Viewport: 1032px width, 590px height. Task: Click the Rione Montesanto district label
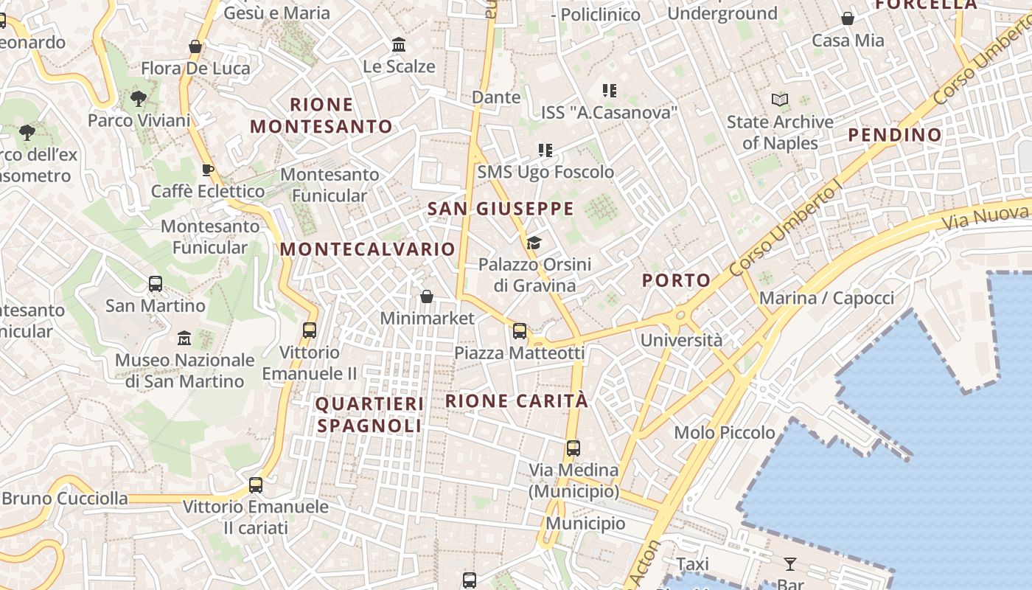point(321,115)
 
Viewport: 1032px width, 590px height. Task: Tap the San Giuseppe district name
point(501,209)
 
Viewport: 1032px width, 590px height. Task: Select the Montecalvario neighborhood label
point(367,249)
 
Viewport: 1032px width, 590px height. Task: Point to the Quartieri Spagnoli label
point(369,414)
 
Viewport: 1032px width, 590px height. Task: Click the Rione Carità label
point(517,401)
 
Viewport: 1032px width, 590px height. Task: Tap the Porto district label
point(676,280)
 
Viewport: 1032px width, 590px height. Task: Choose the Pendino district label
point(895,135)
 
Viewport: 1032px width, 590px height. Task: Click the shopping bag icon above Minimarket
point(426,296)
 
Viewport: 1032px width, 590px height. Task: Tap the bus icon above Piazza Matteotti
point(520,331)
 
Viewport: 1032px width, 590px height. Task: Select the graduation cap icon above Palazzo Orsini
point(534,243)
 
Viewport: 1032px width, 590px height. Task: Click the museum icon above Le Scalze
point(400,45)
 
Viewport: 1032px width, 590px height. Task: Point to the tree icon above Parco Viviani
point(138,98)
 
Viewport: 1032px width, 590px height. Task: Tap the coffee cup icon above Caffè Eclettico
point(208,170)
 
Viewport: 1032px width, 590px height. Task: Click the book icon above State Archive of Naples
point(779,100)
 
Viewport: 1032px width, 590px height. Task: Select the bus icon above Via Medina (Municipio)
point(573,448)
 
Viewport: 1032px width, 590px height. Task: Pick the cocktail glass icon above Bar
point(789,564)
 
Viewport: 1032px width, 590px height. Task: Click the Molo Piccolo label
point(725,433)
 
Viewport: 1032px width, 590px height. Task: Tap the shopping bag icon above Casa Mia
point(848,18)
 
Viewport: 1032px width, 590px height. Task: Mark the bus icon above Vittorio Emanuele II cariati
point(256,485)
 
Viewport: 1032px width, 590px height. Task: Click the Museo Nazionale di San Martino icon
point(184,339)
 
